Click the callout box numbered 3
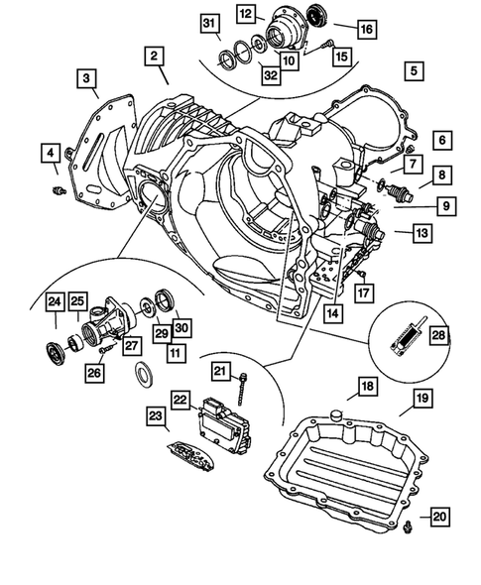89,78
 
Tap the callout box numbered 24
55,301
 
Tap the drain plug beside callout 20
408,534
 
